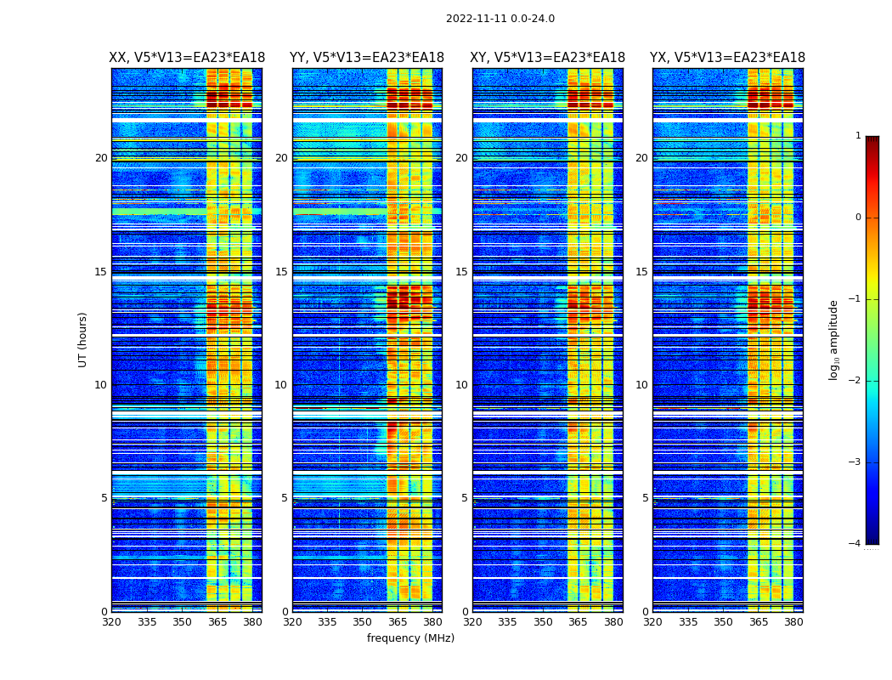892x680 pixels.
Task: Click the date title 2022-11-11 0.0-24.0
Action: (x=500, y=19)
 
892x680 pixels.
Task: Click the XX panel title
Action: (x=187, y=58)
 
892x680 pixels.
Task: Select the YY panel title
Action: (x=367, y=58)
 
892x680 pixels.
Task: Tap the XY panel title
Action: (x=548, y=58)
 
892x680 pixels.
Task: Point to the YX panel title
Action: (x=727, y=58)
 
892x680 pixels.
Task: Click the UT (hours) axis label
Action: (x=83, y=339)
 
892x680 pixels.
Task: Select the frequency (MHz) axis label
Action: (x=410, y=638)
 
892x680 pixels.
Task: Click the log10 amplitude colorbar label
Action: (x=834, y=339)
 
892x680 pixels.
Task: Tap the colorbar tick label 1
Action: (x=858, y=136)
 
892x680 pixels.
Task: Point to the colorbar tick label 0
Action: (x=858, y=218)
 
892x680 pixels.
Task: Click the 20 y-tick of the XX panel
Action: (x=101, y=158)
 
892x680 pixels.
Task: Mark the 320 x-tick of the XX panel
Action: (x=111, y=622)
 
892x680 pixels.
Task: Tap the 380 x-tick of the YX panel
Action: (x=793, y=622)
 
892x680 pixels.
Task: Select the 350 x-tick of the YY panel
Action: (x=363, y=622)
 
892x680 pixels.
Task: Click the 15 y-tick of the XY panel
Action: (x=461, y=272)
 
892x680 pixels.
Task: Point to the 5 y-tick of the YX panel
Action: (x=645, y=498)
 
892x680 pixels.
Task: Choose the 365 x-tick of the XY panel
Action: (x=578, y=622)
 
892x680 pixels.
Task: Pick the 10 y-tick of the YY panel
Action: (x=281, y=385)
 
